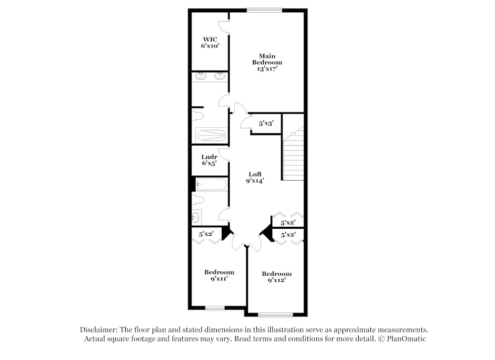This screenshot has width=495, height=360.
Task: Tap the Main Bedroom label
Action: pyautogui.click(x=267, y=59)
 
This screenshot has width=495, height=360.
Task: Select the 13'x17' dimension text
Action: pyautogui.click(x=267, y=69)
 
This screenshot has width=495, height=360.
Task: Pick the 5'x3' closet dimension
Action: pyautogui.click(x=266, y=123)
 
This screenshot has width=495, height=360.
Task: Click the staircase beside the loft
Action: pyautogui.click(x=293, y=156)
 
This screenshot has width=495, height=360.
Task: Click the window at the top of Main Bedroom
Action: pyautogui.click(x=265, y=9)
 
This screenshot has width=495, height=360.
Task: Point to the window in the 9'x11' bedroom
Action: pyautogui.click(x=215, y=309)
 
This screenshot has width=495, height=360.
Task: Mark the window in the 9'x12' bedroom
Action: pyautogui.click(x=275, y=314)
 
